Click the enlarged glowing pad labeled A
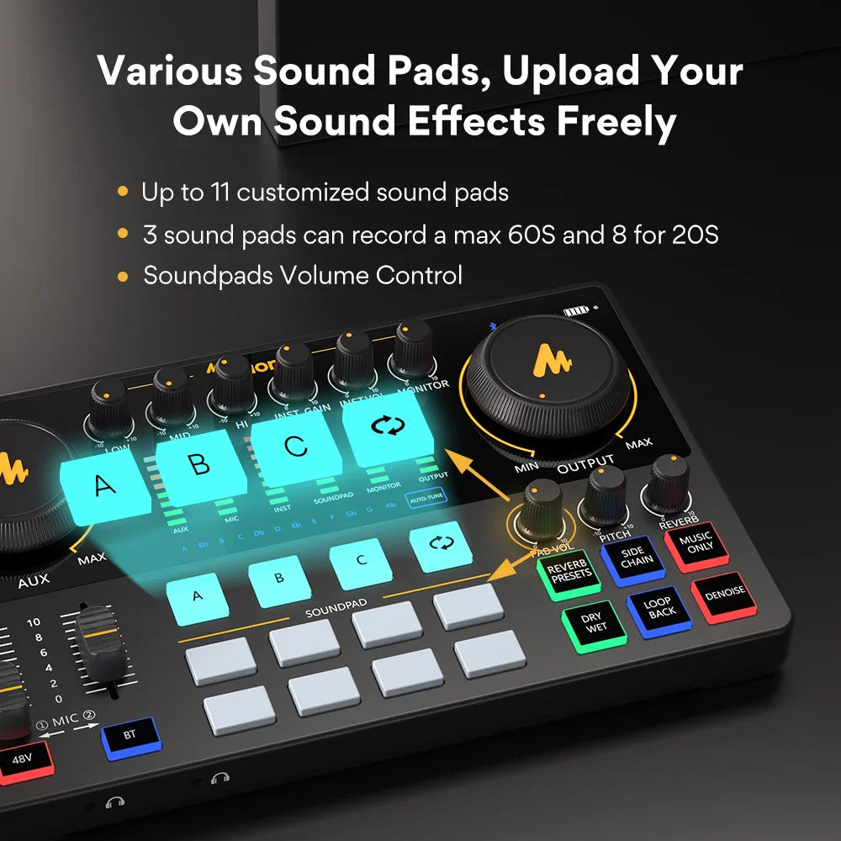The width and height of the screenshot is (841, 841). tap(104, 485)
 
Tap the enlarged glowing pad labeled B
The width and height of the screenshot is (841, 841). tap(198, 465)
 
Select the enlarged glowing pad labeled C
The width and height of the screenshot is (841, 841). tap(295, 447)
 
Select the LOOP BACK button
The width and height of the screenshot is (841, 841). tap(659, 607)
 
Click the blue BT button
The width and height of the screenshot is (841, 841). tap(130, 734)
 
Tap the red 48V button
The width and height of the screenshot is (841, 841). tap(22, 759)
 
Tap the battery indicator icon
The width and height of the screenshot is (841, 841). tap(575, 311)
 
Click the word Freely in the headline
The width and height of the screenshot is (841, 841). tap(616, 121)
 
